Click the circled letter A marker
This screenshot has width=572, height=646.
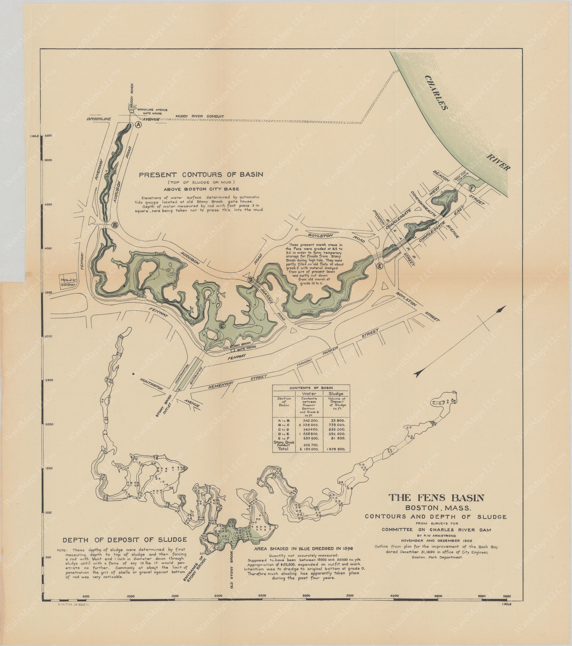(138, 125)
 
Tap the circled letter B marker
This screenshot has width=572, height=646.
(115, 225)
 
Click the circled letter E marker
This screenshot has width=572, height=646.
(380, 266)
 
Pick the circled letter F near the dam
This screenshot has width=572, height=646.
(472, 189)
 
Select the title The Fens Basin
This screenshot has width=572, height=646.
(436, 498)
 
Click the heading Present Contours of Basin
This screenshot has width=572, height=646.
(201, 174)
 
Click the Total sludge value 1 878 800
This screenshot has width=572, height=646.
(336, 449)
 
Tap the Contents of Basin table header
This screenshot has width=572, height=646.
(311, 388)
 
